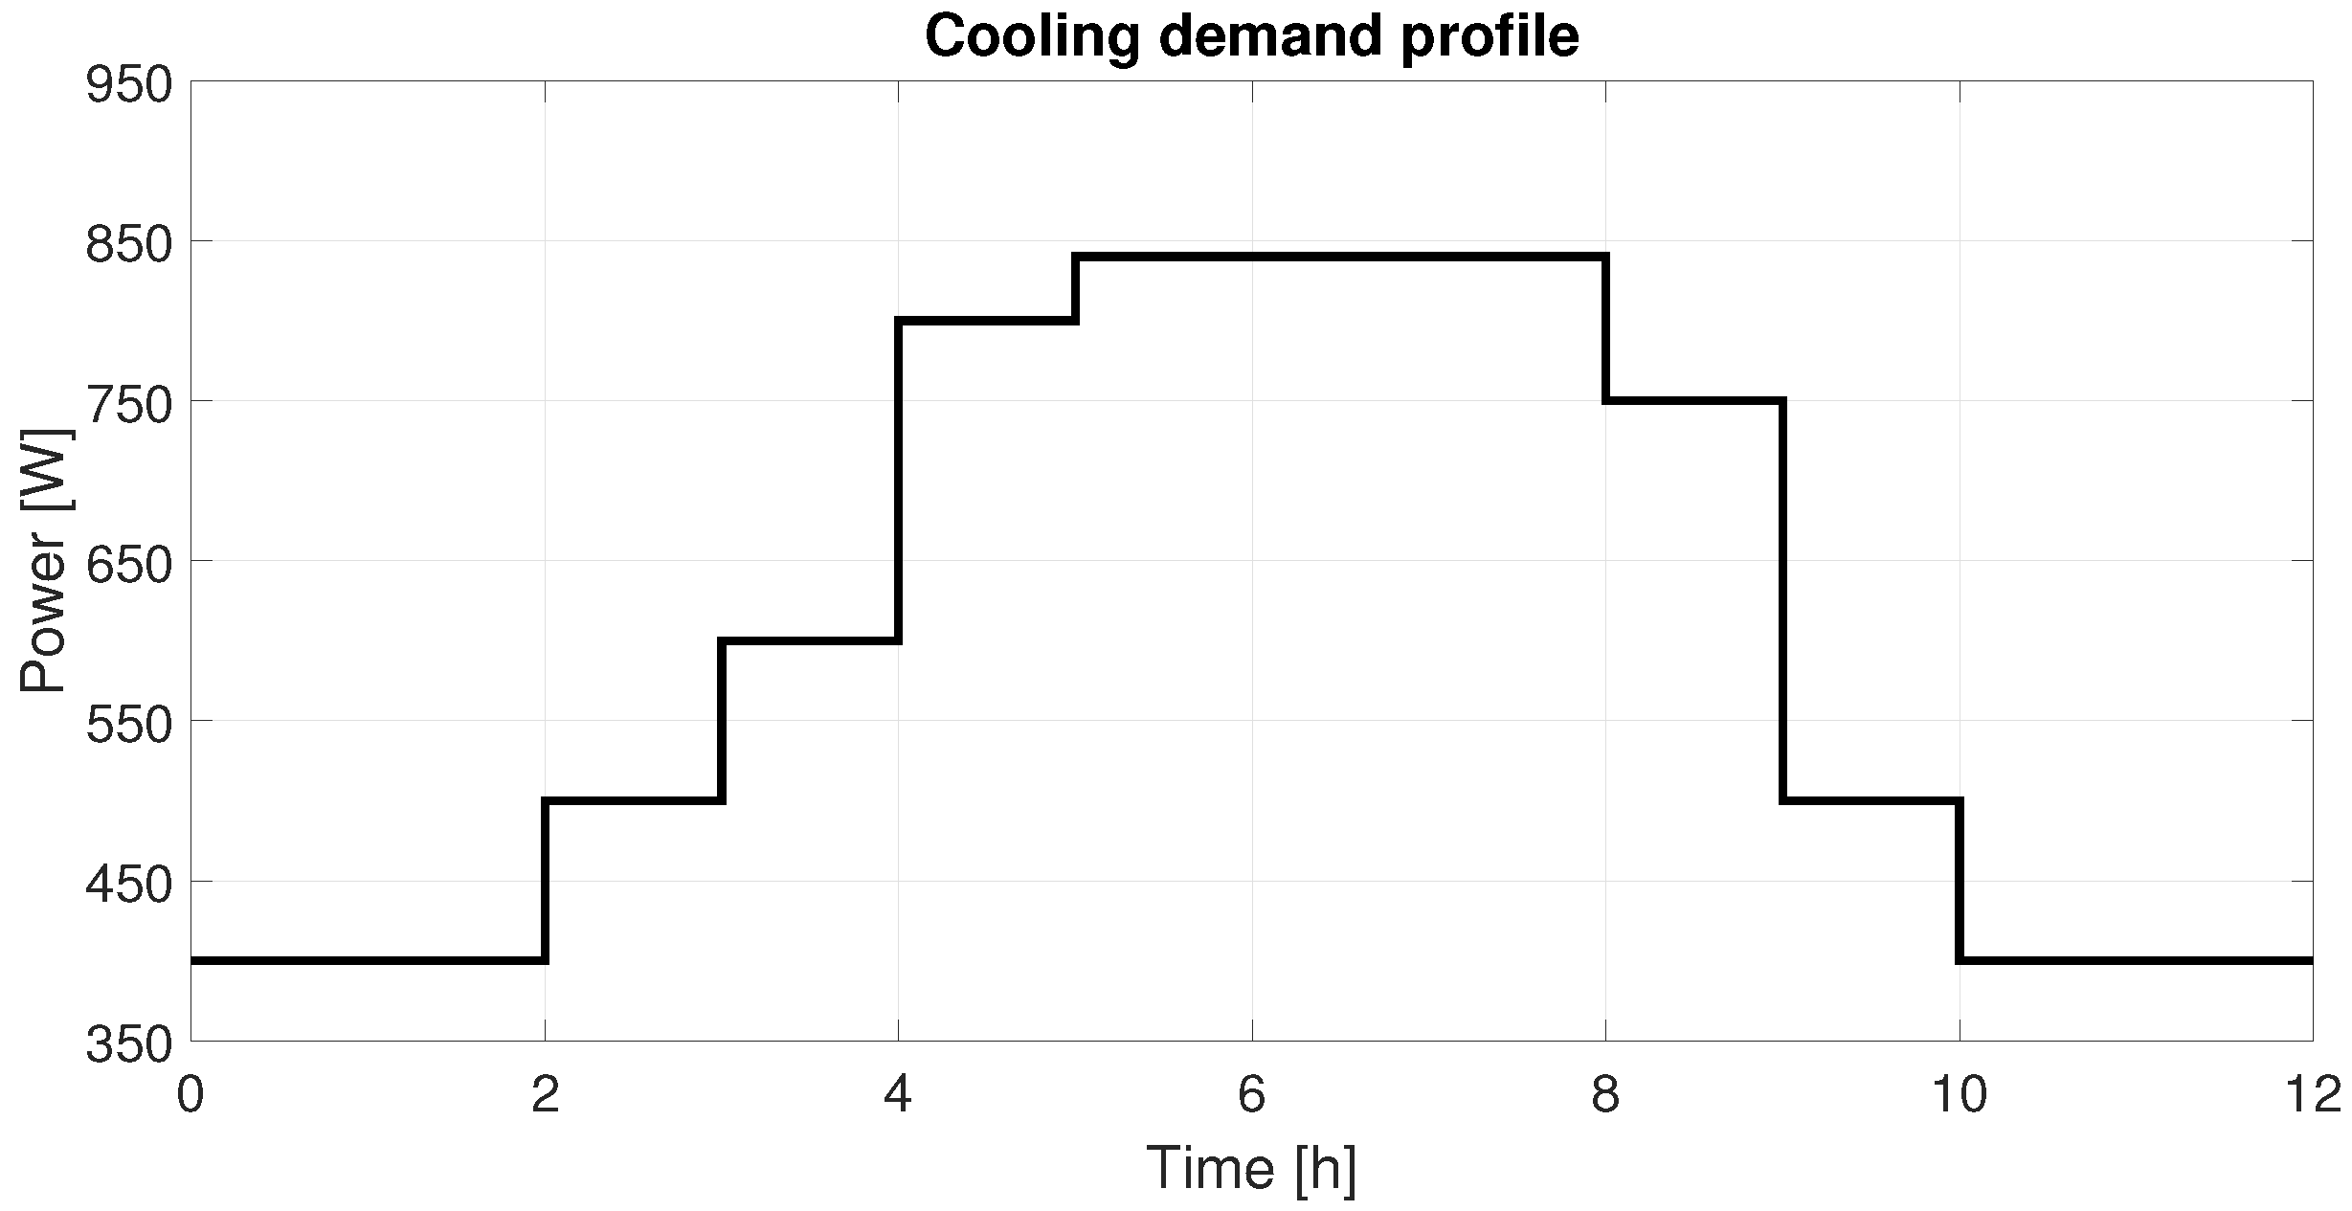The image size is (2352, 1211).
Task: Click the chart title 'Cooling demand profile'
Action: tap(1252, 37)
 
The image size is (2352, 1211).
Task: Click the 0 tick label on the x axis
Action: tap(190, 1095)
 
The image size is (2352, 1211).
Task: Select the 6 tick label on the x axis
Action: tap(1252, 1095)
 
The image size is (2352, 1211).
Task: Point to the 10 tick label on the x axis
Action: tap(1960, 1095)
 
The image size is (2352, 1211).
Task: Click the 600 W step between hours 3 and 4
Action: tap(810, 640)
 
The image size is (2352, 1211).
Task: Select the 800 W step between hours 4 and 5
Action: tap(987, 321)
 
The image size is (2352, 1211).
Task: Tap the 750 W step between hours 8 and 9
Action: tap(1694, 400)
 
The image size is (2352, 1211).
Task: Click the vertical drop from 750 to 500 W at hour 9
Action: tap(1782, 600)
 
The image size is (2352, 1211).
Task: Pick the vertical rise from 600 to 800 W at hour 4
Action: tap(899, 481)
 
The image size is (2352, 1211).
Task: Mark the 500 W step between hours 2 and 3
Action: tap(633, 800)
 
